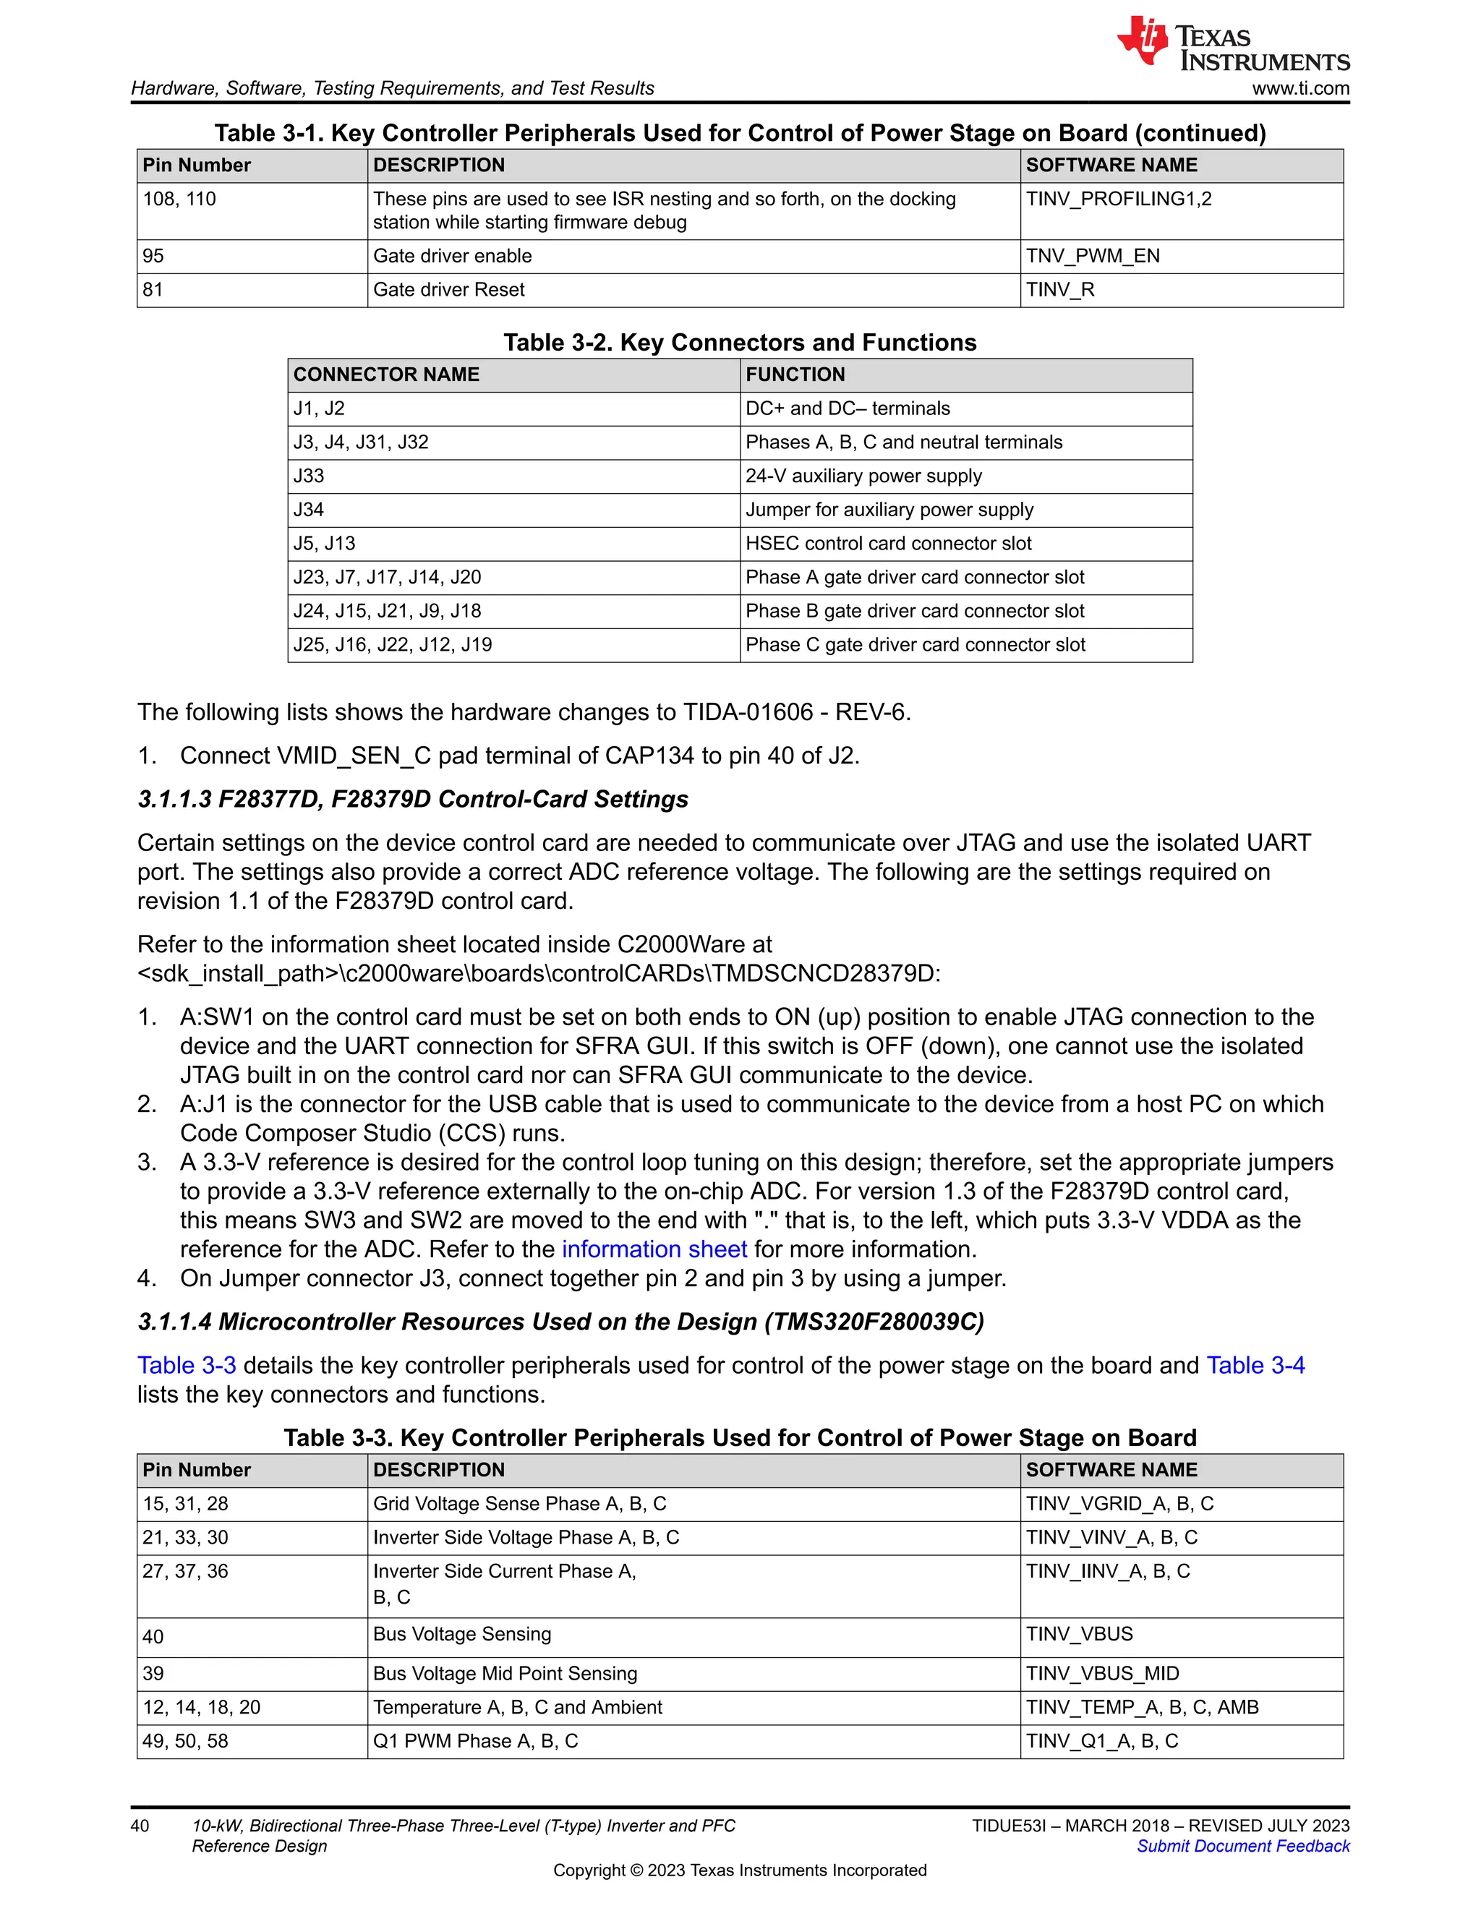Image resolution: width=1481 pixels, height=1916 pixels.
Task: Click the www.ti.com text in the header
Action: (1299, 89)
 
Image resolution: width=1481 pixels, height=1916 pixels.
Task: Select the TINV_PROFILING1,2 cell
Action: (1118, 199)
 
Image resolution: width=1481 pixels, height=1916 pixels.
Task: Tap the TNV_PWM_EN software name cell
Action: (1093, 256)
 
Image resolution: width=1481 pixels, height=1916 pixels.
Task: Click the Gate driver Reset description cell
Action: (448, 291)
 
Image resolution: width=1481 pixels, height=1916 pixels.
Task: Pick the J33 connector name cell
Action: (309, 476)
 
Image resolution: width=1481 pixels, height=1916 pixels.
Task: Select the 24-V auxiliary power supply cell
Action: (863, 476)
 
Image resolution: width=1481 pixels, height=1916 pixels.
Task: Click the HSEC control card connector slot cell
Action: (888, 544)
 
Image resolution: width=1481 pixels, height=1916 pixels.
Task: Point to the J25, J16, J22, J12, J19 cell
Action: (392, 645)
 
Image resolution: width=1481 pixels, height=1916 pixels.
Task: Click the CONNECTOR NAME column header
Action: (386, 375)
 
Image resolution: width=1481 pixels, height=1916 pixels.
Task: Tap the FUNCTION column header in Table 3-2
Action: (795, 375)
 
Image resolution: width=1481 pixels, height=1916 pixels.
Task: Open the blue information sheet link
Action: (654, 1249)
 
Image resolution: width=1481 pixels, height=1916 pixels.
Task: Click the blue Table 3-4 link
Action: (1255, 1366)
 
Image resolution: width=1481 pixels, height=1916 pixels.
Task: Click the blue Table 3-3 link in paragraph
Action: (186, 1366)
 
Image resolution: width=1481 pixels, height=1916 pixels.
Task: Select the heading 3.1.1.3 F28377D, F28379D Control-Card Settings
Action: (412, 799)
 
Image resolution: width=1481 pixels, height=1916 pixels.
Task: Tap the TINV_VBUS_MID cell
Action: (1102, 1674)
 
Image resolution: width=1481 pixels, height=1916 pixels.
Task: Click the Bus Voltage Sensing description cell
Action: (461, 1635)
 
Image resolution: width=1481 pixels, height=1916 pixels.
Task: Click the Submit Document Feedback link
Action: (1242, 1846)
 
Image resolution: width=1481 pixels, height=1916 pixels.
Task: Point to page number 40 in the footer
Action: (140, 1826)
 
